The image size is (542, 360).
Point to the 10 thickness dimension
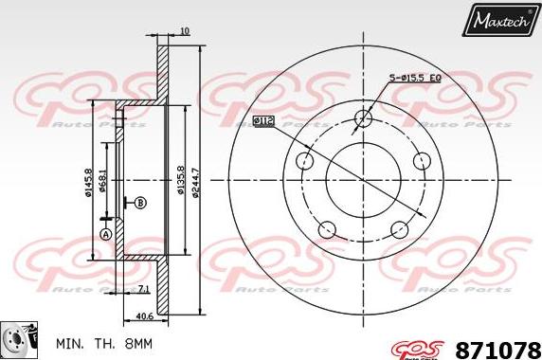[184, 31]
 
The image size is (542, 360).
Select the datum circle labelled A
[106, 233]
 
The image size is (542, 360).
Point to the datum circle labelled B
[140, 202]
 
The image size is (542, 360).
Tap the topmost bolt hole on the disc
[364, 117]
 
